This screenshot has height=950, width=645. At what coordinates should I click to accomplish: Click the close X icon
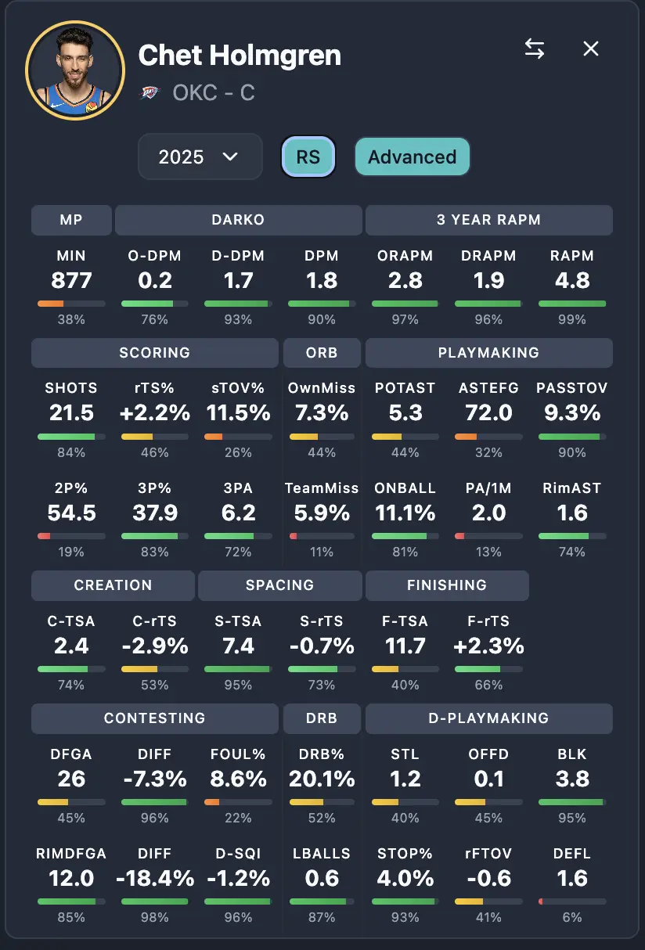[591, 49]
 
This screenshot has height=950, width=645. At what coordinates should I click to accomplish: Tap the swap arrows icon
[535, 49]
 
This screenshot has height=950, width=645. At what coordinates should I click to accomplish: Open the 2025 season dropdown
[200, 157]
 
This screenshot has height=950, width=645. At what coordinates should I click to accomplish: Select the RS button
[308, 157]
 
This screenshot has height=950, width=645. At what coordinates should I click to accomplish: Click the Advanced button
[412, 157]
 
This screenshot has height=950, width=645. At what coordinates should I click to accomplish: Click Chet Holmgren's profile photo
[75, 70]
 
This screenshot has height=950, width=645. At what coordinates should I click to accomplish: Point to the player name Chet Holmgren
[240, 56]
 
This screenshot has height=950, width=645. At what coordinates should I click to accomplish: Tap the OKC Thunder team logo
[149, 93]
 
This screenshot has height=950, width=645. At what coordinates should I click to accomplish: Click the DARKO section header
[238, 220]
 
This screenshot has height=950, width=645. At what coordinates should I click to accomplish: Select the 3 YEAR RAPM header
[488, 220]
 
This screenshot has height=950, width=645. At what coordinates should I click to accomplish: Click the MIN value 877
[71, 280]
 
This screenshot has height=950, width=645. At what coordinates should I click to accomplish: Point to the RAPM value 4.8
[572, 280]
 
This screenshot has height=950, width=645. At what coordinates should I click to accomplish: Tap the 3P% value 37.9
[155, 513]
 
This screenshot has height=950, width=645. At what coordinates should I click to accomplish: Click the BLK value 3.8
[572, 779]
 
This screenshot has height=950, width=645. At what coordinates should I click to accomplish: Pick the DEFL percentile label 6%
[572, 917]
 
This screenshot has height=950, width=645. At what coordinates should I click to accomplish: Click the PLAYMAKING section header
[488, 353]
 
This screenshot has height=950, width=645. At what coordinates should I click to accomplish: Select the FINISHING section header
[447, 585]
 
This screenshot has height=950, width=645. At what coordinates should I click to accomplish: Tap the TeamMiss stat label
[322, 488]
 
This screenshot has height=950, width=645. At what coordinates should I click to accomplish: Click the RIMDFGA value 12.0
[71, 878]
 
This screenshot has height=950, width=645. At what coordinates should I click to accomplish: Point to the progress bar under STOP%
[405, 901]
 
